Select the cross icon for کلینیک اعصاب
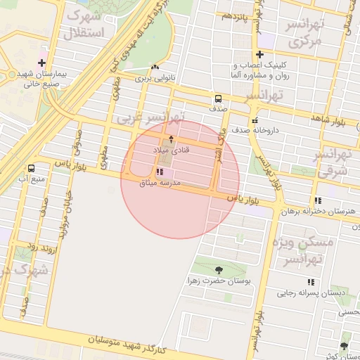260,55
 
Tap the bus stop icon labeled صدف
217,98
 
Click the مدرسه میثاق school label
162,182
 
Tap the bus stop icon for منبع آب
31,168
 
